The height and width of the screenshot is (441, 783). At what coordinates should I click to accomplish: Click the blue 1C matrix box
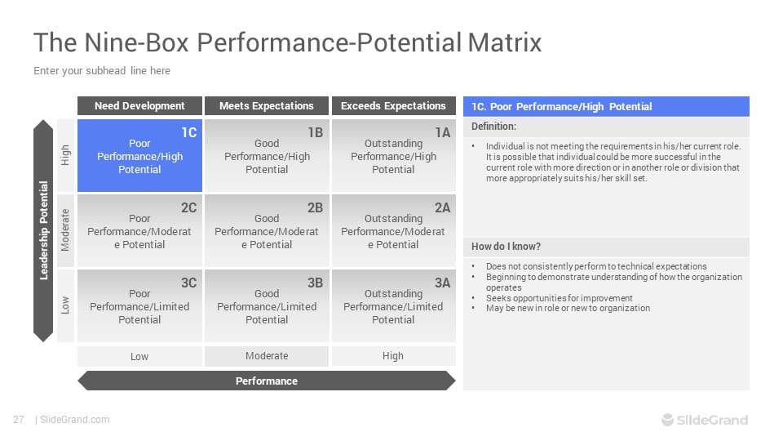tap(139, 155)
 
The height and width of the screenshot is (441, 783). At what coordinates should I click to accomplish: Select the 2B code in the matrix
tap(315, 207)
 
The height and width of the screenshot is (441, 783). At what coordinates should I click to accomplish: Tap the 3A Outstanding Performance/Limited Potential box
tap(393, 306)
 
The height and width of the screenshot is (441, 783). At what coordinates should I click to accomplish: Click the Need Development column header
tap(139, 106)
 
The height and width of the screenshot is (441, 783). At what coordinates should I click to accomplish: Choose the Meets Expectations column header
tap(267, 106)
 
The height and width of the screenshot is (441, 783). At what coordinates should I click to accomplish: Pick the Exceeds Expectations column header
tap(393, 106)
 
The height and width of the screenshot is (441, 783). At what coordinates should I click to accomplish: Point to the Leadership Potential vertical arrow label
tap(44, 230)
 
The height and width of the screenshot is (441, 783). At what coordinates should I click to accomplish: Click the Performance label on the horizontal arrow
tap(267, 381)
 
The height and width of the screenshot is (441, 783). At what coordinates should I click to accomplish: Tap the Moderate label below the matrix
tap(267, 356)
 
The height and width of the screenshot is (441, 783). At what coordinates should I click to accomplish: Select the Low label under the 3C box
tap(139, 357)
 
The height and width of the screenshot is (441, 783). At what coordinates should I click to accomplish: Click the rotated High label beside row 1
tap(65, 155)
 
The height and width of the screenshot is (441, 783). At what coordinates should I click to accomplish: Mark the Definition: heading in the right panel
tap(494, 127)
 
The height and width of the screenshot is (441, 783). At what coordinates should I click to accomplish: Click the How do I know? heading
tap(506, 247)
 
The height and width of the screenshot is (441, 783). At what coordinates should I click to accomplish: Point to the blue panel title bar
tap(606, 106)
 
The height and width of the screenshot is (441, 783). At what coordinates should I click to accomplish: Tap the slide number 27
tap(19, 420)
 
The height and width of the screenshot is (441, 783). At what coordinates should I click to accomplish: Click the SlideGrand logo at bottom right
tap(705, 420)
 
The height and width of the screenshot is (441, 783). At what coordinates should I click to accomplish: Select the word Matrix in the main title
tap(505, 42)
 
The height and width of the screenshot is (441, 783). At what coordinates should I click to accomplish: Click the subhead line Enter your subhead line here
tap(102, 71)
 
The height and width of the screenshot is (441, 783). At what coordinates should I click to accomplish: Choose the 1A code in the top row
tap(442, 132)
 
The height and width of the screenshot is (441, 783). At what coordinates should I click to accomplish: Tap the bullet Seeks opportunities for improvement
tap(560, 298)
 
